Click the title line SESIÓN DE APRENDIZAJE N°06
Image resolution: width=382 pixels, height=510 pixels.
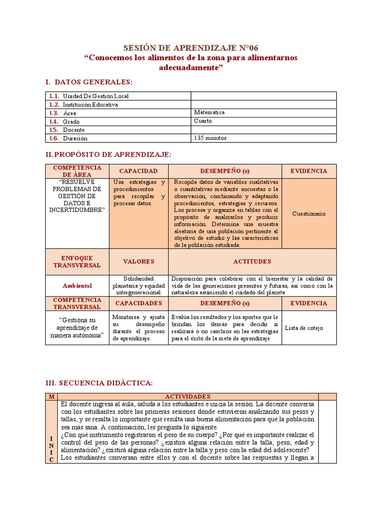coord(191,48)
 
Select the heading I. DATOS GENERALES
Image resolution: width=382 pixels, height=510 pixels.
coord(89,82)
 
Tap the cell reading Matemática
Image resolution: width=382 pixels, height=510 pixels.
coord(209,113)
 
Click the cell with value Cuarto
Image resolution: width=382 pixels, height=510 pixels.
coord(203,121)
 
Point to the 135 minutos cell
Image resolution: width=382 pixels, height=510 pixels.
coord(210,138)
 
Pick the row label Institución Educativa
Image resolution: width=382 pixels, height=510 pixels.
coord(90,105)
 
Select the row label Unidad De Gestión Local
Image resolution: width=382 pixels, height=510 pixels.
coord(95,96)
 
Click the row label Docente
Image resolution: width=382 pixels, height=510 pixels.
coord(74,130)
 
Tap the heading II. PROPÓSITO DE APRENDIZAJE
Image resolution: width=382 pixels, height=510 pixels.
coord(108,155)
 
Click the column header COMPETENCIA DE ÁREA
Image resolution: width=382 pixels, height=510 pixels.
coord(77,171)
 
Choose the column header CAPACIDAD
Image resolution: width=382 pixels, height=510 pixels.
coord(138,171)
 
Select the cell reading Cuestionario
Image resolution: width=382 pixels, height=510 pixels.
coord(309,214)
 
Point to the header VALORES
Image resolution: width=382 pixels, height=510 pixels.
coord(139,261)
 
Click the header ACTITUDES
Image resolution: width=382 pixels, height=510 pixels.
coord(252,261)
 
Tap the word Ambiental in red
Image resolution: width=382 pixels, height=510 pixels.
coord(77,286)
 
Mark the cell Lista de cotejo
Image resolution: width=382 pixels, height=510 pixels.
coord(304,328)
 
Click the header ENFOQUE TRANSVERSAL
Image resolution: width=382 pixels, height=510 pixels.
coord(77,261)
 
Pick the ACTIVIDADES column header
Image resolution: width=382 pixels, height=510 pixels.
coord(188,396)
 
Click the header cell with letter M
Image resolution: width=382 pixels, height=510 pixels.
coord(51,396)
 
